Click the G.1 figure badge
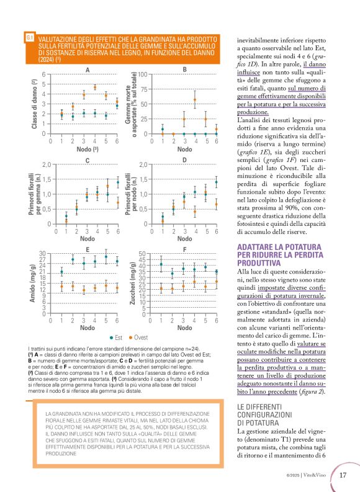coord(29,38)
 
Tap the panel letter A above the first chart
coord(88,69)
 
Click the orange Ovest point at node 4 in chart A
coord(95,87)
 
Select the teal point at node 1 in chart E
coord(61,272)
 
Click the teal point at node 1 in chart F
coord(161,264)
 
